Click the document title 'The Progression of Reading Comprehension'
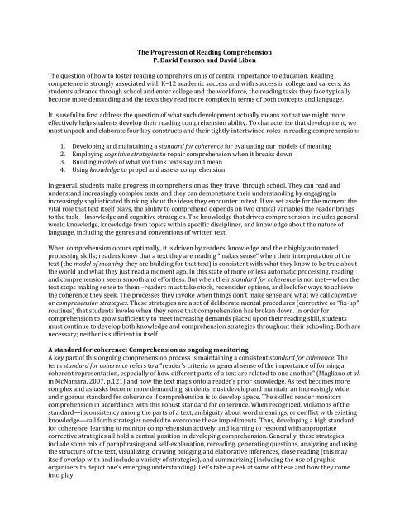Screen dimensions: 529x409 205,52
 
